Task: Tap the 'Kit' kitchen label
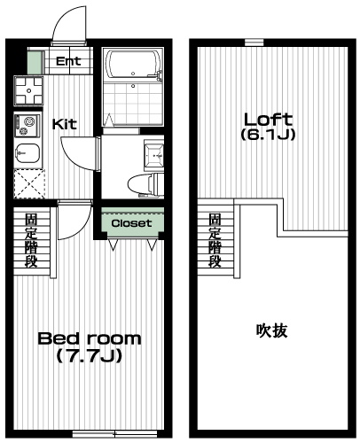63,123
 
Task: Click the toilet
142,183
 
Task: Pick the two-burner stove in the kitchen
27,121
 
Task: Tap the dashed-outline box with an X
29,183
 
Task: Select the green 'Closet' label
131,223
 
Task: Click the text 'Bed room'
89,338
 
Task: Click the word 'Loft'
268,120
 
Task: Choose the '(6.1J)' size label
268,136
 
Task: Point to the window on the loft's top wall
254,42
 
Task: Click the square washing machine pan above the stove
28,90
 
